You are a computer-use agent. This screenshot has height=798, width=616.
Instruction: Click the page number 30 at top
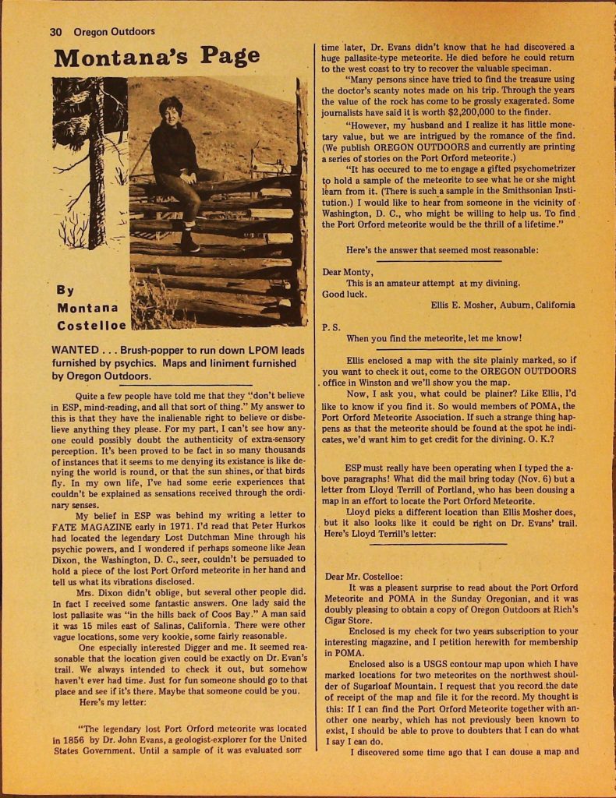(55, 32)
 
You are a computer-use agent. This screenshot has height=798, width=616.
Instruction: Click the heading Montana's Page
(157, 57)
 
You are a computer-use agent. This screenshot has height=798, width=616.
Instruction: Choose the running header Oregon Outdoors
(115, 32)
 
